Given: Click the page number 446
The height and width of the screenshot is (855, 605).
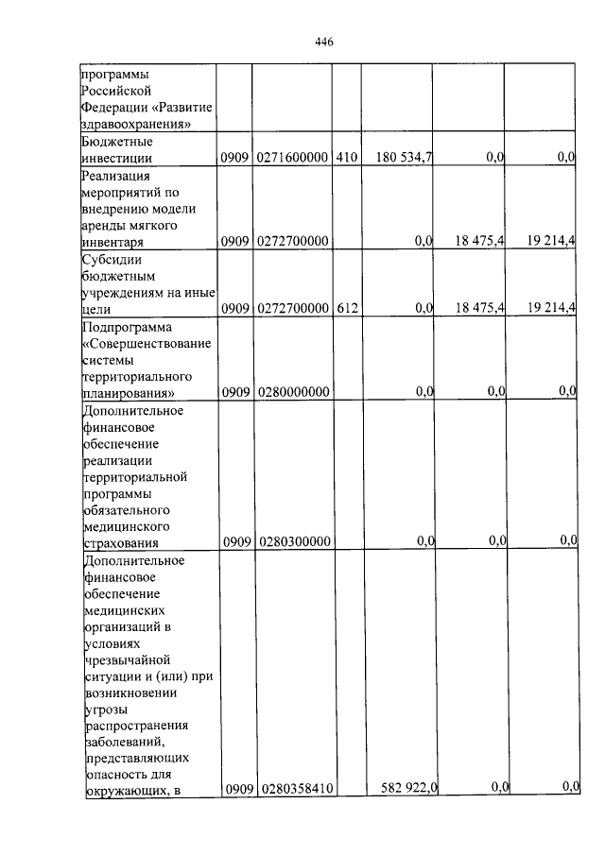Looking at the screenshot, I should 323,43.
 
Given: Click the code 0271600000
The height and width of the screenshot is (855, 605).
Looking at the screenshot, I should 291,159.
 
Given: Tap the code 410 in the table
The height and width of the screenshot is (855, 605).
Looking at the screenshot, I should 344,159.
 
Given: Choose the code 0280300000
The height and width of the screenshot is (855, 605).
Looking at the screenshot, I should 291,542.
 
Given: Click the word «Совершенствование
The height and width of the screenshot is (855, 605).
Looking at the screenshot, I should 145,342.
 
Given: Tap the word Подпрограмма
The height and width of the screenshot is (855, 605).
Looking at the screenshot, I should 123,326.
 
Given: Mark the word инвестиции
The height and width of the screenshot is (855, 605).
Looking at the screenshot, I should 118,159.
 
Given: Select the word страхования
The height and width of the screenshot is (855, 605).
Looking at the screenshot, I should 119,543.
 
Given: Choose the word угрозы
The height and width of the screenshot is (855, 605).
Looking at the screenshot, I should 104,709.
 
